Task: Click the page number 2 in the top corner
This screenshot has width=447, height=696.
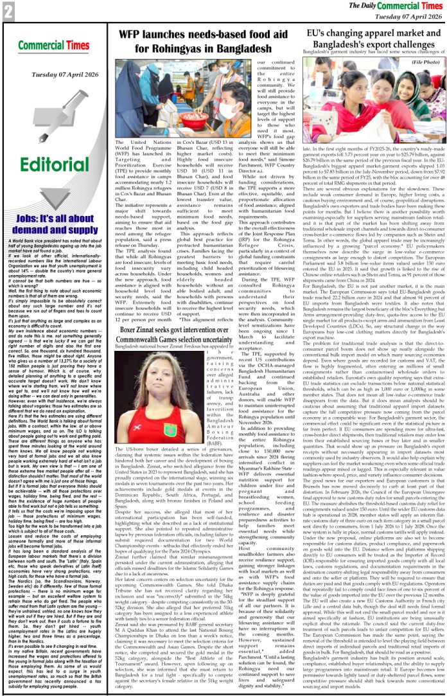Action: coord(8,10)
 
